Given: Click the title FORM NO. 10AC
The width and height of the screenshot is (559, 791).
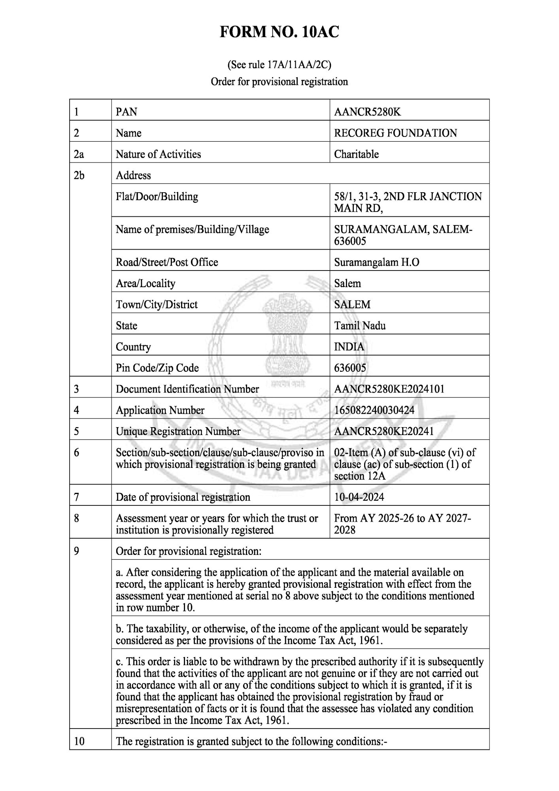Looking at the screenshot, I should pyautogui.click(x=279, y=32).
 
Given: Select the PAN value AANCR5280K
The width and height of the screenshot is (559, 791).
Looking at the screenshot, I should pyautogui.click(x=367, y=112).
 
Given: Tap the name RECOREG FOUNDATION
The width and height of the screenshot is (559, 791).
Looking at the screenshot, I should pyautogui.click(x=395, y=133).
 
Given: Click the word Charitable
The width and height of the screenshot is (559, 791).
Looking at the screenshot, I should pyautogui.click(x=356, y=154).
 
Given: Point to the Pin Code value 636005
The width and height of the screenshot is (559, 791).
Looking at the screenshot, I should pyautogui.click(x=350, y=368).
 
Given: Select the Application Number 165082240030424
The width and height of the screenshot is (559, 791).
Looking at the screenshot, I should pyautogui.click(x=374, y=410).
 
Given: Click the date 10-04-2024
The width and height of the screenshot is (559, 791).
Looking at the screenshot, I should pyautogui.click(x=359, y=497).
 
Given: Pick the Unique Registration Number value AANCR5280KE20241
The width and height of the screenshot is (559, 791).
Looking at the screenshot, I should pyautogui.click(x=383, y=431).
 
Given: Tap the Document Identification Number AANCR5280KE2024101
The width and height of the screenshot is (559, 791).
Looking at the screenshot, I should pyautogui.click(x=389, y=389).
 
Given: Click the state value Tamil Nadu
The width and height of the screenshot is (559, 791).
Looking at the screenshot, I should pyautogui.click(x=360, y=326).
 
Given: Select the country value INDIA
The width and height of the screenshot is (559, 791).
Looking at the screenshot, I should pyautogui.click(x=349, y=347).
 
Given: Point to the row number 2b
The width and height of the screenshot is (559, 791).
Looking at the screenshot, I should pyautogui.click(x=79, y=176).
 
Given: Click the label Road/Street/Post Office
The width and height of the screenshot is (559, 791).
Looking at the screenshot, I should pyautogui.click(x=167, y=263).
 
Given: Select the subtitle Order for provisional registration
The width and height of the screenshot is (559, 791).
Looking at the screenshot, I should pyautogui.click(x=279, y=82).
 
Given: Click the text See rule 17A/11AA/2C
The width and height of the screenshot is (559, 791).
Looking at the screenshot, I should pyautogui.click(x=279, y=64).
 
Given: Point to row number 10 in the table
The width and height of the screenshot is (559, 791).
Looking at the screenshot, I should pyautogui.click(x=79, y=741).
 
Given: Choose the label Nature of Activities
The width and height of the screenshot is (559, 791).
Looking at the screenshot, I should pyautogui.click(x=158, y=154).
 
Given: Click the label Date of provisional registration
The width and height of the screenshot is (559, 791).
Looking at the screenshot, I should pyautogui.click(x=183, y=497).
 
